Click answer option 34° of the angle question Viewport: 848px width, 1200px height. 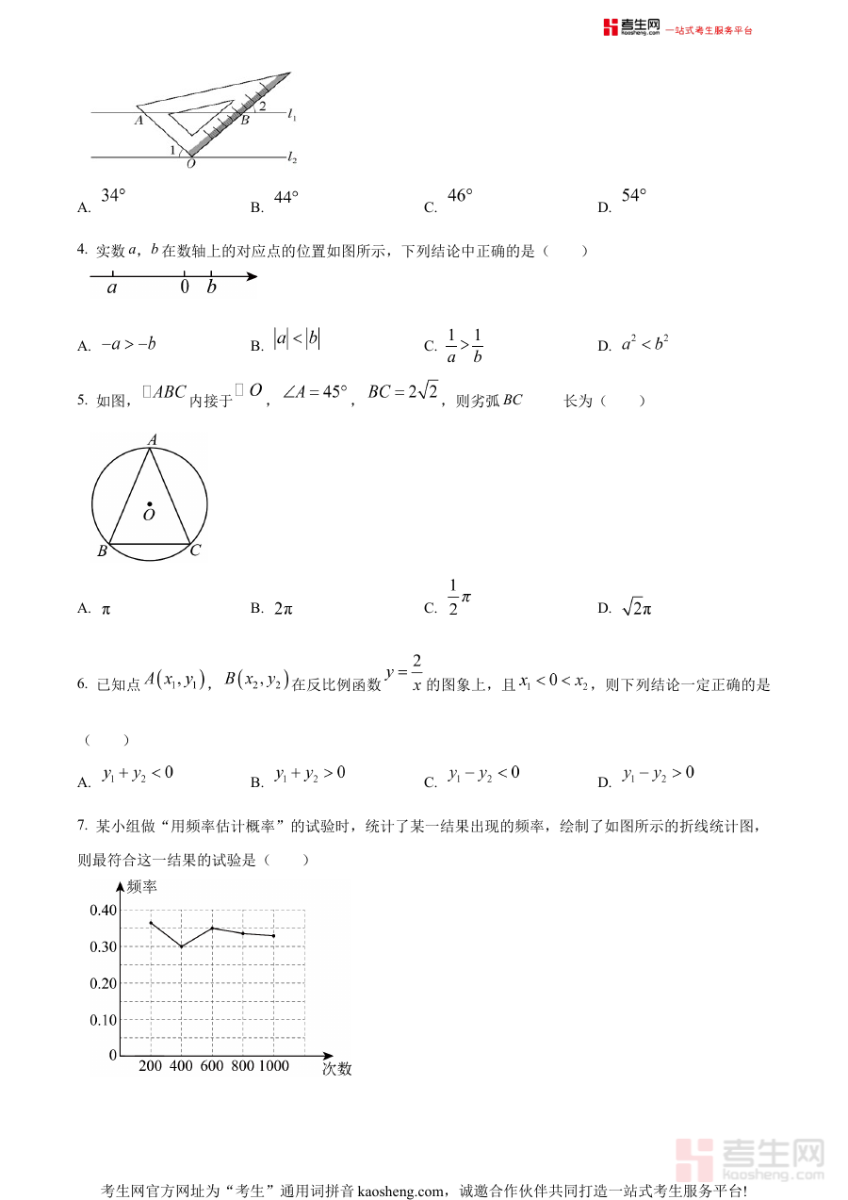pos(113,196)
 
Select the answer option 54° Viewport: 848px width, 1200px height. pos(634,196)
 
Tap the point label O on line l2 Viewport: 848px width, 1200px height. pos(191,164)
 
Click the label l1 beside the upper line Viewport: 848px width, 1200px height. pos(292,115)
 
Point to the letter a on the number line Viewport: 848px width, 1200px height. pos(112,288)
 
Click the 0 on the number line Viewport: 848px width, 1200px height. pos(185,288)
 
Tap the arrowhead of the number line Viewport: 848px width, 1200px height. pos(252,276)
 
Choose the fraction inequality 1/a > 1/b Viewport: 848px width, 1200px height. pos(465,346)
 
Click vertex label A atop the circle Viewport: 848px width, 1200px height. pos(152,438)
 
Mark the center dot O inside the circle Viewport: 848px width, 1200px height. pos(150,504)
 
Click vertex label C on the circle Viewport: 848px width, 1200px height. pos(195,551)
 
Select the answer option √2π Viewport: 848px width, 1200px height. pos(637,609)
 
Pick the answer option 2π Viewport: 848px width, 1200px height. pos(284,609)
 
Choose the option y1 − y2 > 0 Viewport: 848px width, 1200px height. pos(658,774)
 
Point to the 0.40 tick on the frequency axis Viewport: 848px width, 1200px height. pos(104,910)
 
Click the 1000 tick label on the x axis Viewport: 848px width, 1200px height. pos(273,1066)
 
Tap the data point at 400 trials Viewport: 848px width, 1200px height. pos(181,945)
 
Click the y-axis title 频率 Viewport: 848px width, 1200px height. pos(141,886)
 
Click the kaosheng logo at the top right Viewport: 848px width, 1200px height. pos(631,28)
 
